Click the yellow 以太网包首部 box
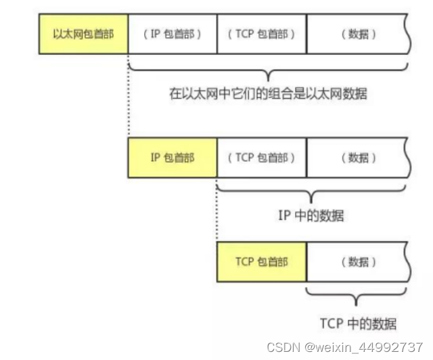[83, 33]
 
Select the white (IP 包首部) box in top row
[172, 33]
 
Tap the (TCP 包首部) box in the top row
[261, 33]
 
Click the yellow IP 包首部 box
[172, 158]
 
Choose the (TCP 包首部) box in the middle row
[261, 158]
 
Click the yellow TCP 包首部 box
[261, 262]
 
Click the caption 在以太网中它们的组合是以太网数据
[267, 94]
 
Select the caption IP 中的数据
[311, 216]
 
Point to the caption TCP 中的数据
[358, 322]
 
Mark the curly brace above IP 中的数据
[311, 194]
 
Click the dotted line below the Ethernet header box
[128, 102]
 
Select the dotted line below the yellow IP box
[217, 210]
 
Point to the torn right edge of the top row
[408, 33]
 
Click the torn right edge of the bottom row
[408, 262]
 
